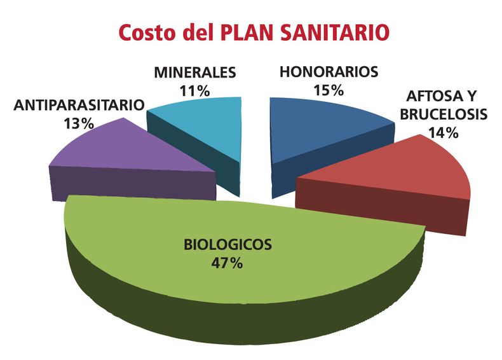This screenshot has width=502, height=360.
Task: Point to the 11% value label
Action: pos(194,90)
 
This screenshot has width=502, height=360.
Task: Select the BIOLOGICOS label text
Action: pos(227,244)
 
